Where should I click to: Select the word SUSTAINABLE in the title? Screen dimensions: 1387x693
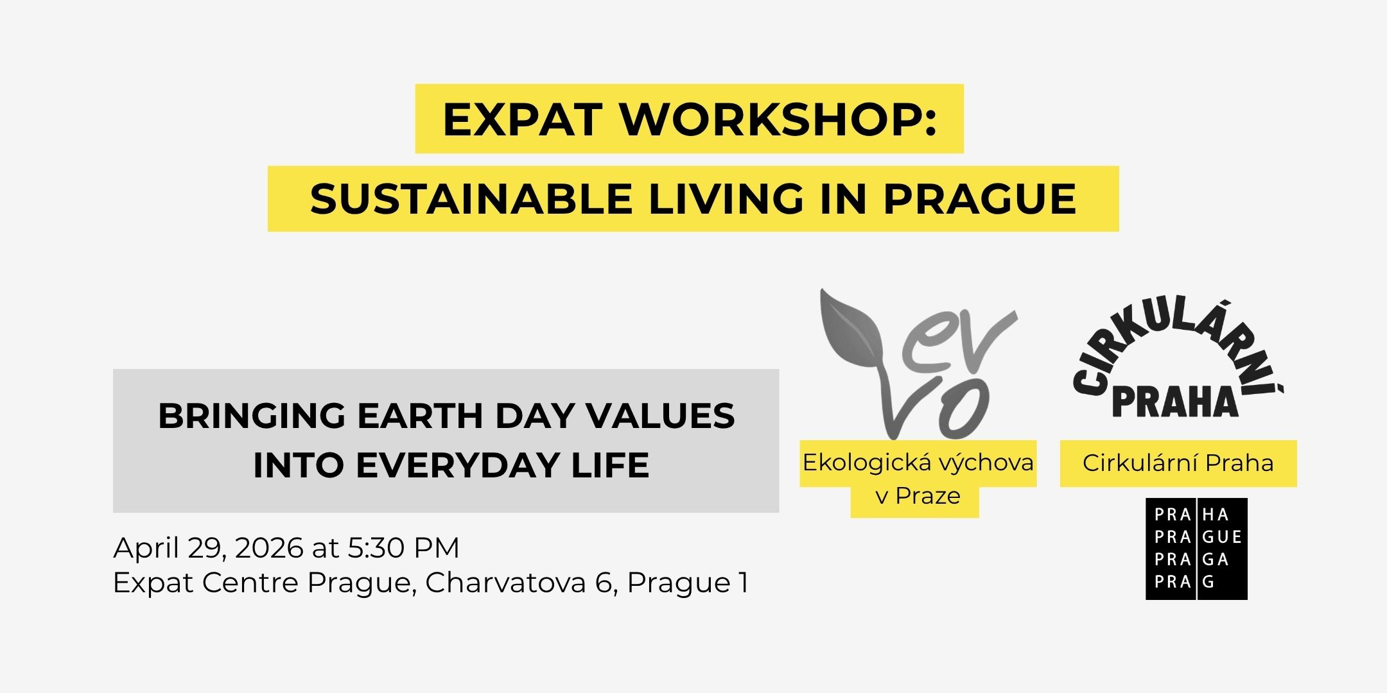pos(471,199)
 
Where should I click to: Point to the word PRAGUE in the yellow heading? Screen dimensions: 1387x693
pos(980,199)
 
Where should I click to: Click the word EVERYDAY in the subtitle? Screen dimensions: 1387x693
pos(458,465)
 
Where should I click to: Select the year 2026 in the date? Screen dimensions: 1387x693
pos(269,548)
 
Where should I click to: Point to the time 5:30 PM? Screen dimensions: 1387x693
pos(404,548)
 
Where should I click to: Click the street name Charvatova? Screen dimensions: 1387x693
pos(505,583)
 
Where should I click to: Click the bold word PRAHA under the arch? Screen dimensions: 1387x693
pos(1175,402)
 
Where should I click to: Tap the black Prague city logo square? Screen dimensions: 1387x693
pos(1197,549)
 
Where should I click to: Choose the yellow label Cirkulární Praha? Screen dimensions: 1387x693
pos(1178,463)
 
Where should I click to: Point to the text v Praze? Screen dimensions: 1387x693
pos(918,495)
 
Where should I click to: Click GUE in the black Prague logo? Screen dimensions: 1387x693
pos(1222,537)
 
